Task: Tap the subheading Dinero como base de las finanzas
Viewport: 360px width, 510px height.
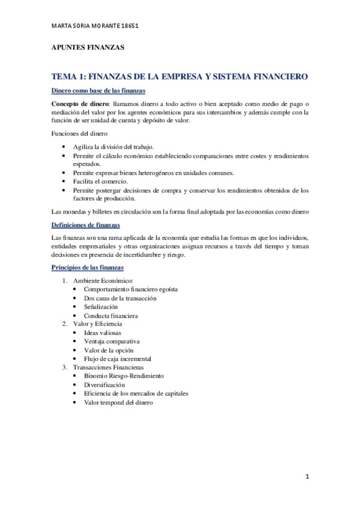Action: pyautogui.click(x=98, y=91)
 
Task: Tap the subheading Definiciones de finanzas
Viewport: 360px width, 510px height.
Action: pyautogui.click(x=86, y=225)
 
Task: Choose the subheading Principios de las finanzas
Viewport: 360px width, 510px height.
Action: pyautogui.click(x=88, y=267)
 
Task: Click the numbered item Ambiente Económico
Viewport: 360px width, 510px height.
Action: pyautogui.click(x=103, y=281)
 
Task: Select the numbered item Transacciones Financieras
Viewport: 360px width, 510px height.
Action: pyautogui.click(x=108, y=367)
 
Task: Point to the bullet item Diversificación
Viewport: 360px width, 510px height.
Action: pyautogui.click(x=105, y=384)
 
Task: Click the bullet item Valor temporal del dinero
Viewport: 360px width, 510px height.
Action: pyautogui.click(x=118, y=402)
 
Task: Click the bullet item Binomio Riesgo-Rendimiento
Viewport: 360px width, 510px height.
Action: pyautogui.click(x=123, y=375)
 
